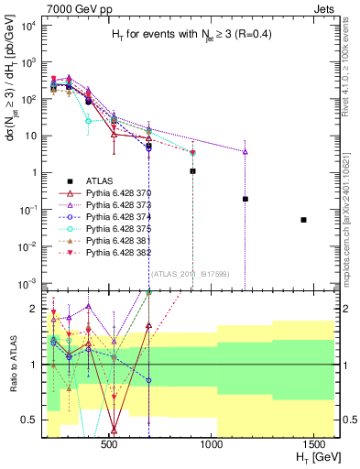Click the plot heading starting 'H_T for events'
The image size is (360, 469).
pos(191,34)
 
